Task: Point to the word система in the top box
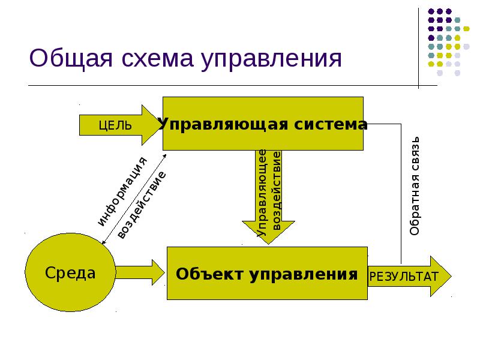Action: (330, 124)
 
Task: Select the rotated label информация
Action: (122, 191)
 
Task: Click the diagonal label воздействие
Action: (141, 205)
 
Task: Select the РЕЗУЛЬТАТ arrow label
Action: (403, 276)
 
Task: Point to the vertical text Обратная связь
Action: (415, 186)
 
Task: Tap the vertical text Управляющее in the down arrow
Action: (262, 192)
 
